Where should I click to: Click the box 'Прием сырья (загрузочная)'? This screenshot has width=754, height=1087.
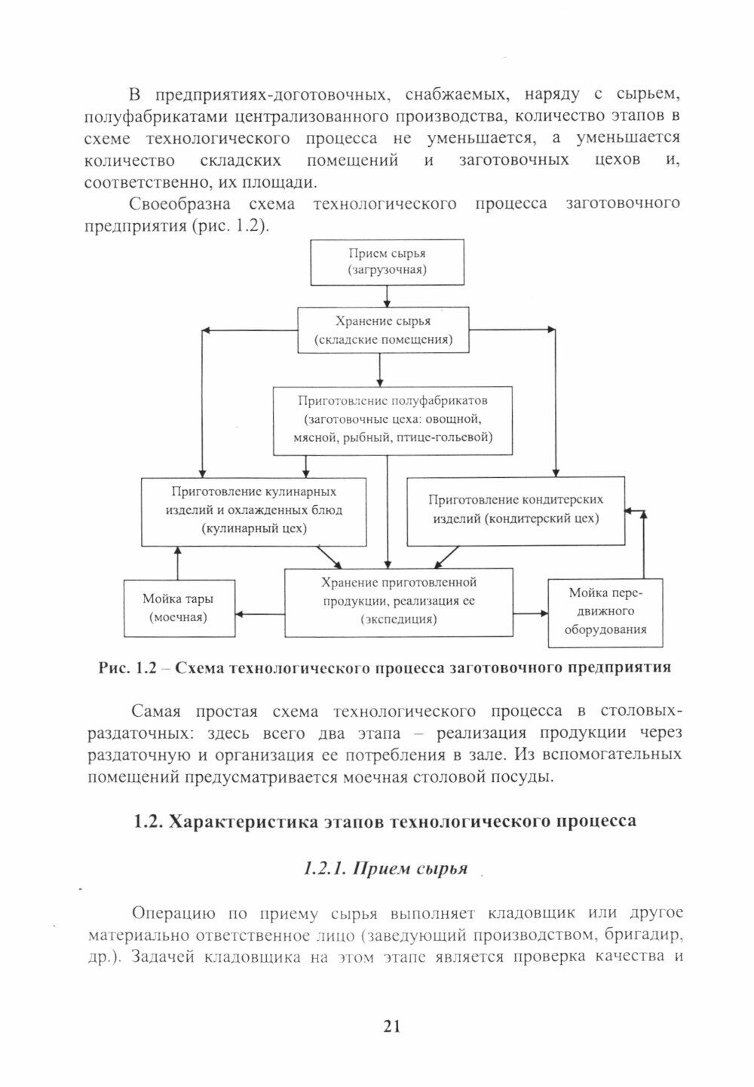click(388, 262)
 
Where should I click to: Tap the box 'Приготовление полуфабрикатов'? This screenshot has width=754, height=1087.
click(393, 421)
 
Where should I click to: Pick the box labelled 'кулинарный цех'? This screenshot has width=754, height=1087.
click(254, 510)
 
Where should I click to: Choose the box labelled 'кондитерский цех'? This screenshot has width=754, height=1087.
click(516, 510)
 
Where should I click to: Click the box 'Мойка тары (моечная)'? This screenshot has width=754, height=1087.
click(178, 608)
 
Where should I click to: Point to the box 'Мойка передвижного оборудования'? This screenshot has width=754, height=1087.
click(605, 611)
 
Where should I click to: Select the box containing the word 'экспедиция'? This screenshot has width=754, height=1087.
click(398, 602)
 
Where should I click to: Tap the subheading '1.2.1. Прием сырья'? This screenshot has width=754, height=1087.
click(385, 868)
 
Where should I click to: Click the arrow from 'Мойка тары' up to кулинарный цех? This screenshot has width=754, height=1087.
click(178, 562)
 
